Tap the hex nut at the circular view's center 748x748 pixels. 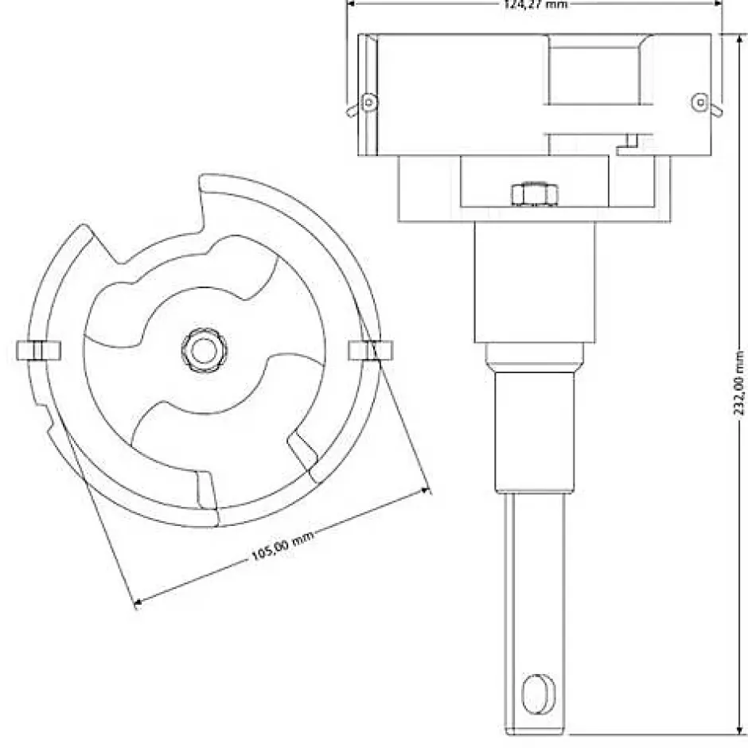coord(205,348)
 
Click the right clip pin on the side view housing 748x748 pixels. coord(701,103)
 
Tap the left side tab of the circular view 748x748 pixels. coord(37,350)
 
